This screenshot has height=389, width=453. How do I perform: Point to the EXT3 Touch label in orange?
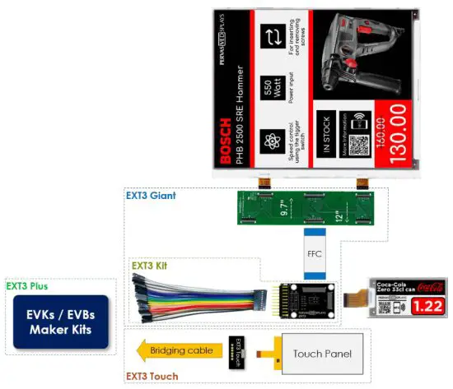[154, 377]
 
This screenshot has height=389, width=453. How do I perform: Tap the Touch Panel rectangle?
[322, 354]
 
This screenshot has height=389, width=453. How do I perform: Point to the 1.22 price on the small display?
[427, 307]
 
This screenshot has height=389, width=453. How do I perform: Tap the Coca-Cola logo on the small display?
[429, 287]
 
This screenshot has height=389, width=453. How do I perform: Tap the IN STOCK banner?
[328, 134]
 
